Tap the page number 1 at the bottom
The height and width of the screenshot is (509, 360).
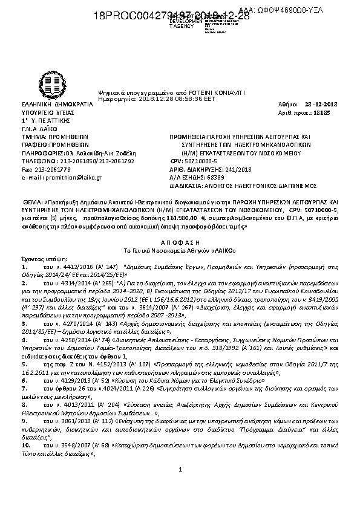coord(180,487)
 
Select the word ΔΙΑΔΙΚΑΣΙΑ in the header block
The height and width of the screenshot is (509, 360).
coord(188,187)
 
